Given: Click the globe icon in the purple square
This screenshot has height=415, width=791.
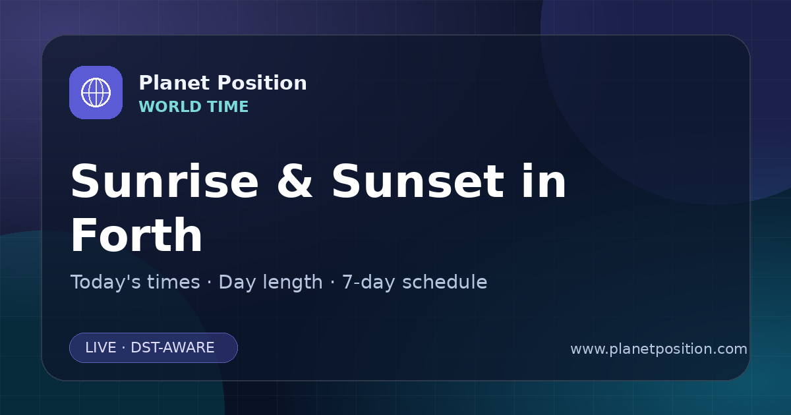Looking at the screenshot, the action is click(x=96, y=92).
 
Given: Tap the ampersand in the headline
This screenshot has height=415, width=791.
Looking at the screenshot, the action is click(x=295, y=181).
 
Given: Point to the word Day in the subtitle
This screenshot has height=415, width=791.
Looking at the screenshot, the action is click(x=237, y=283).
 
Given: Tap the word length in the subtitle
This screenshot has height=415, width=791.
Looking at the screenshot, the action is click(x=293, y=283).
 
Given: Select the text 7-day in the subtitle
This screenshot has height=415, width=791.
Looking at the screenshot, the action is click(x=368, y=283).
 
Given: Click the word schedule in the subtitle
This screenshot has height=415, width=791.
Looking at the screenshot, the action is click(x=445, y=282).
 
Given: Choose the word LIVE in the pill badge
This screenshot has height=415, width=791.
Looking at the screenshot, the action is click(x=101, y=348).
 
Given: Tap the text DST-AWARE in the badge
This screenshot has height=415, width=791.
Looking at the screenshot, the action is click(x=173, y=348).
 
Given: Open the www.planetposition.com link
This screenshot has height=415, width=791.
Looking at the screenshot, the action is click(x=659, y=349).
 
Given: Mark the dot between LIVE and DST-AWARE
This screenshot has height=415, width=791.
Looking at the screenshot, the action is click(x=124, y=348).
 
